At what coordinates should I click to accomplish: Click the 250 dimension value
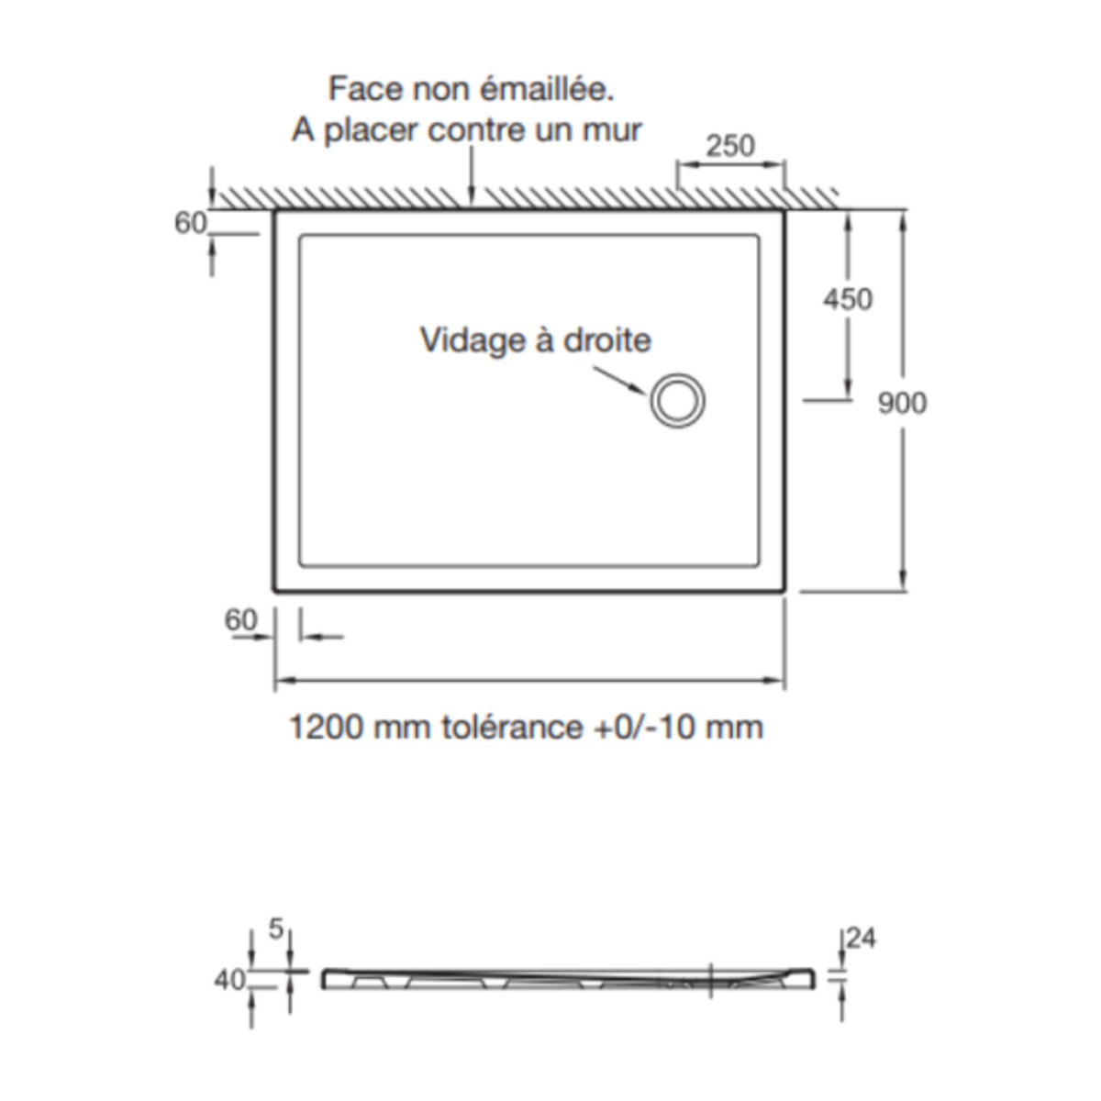click(731, 145)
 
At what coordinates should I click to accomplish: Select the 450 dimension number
click(848, 299)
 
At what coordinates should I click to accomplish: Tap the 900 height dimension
click(902, 403)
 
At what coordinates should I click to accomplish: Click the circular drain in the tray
click(678, 402)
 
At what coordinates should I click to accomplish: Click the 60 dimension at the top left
click(191, 223)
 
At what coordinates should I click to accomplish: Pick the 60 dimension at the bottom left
click(241, 620)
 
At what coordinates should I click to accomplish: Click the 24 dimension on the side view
click(862, 939)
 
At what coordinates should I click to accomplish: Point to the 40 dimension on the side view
click(230, 980)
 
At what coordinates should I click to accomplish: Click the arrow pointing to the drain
click(621, 380)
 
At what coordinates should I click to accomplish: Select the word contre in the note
click(477, 129)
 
